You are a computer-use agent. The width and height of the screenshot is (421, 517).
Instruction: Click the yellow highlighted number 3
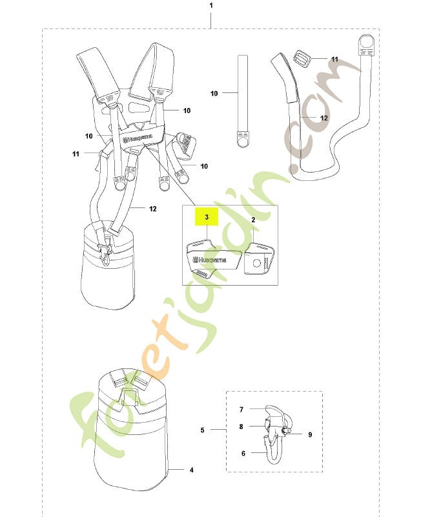207,217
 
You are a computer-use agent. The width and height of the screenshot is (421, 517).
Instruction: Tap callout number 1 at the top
211,6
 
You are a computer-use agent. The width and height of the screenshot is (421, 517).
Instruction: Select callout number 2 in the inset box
253,220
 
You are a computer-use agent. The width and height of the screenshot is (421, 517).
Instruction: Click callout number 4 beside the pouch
191,470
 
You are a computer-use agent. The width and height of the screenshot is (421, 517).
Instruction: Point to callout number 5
202,430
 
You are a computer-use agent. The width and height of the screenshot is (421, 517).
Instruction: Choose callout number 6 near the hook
243,454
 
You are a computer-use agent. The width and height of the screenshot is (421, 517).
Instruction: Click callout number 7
241,410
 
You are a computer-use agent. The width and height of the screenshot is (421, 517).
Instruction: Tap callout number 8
241,427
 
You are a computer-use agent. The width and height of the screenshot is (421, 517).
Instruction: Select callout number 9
310,434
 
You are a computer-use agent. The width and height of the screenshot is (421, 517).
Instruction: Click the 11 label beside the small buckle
334,59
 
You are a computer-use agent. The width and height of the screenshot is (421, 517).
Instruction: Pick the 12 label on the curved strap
323,118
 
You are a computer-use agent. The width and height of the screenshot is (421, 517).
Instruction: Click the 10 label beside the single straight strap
214,93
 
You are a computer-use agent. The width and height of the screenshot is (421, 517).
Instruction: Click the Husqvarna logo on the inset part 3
210,260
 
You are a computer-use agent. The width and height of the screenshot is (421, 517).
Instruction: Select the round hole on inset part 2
257,263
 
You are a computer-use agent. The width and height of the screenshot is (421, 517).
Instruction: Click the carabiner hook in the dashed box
274,435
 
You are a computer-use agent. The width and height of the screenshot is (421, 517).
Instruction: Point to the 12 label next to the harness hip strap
152,209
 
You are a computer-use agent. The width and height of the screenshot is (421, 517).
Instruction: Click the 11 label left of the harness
76,154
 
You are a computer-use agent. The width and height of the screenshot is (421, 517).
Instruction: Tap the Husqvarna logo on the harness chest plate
138,138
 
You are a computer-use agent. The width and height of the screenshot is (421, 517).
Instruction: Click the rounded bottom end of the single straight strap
243,141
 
